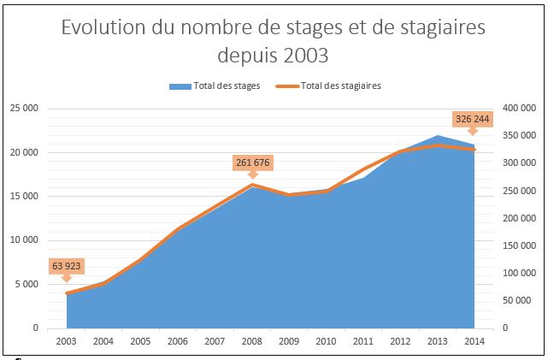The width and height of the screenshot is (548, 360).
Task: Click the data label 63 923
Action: tap(67, 265)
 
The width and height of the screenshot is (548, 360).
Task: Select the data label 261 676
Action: tap(252, 162)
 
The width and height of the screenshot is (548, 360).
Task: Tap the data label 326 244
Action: tap(472, 119)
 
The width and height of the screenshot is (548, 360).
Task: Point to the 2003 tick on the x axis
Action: tap(66, 341)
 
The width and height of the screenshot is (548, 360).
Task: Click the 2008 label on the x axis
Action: tap(251, 341)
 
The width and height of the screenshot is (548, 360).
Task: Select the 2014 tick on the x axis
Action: tap(474, 341)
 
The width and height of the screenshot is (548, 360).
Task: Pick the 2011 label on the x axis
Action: tap(363, 341)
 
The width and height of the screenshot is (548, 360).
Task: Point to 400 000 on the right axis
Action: tap(518, 108)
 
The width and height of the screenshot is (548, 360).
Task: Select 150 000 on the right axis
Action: tap(518, 245)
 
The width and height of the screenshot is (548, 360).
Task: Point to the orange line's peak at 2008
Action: tap(252, 185)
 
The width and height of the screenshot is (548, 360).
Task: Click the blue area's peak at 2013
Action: tap(438, 136)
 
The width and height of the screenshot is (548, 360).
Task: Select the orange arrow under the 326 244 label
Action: tap(472, 131)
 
